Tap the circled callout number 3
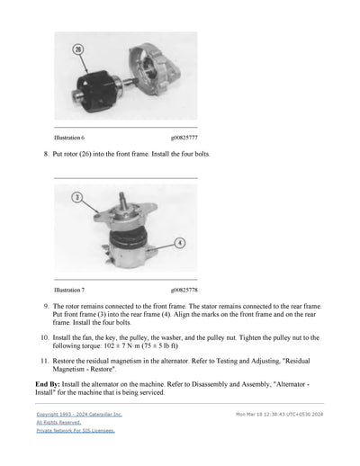78,197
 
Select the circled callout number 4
180,242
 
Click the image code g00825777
184,138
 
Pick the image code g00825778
184,291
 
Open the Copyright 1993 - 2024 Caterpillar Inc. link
79,414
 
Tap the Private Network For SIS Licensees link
76,431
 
